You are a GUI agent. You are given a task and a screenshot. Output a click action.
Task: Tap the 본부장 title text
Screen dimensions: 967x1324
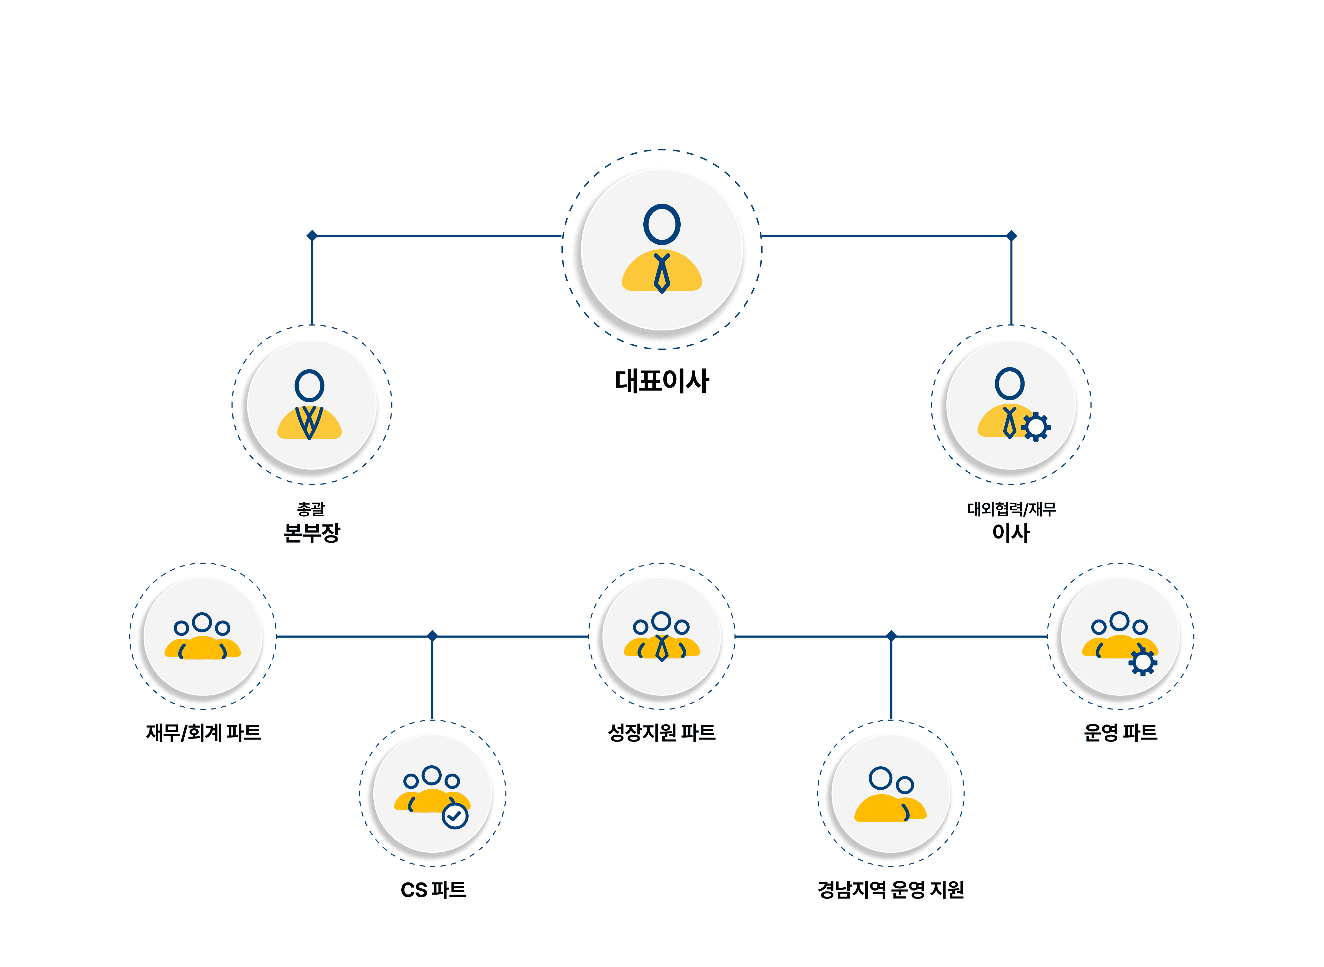[x=311, y=533]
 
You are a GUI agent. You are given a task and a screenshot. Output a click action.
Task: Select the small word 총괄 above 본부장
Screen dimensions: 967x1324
[x=311, y=509]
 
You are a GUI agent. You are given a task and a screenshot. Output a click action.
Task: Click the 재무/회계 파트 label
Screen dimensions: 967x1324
[x=203, y=732]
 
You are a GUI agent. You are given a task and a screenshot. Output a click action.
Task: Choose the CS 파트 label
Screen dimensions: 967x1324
[x=433, y=890]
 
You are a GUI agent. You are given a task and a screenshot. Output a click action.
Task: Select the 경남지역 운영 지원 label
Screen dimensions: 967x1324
[x=891, y=890]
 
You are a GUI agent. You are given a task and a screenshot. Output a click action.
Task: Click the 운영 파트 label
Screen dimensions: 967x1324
[x=1120, y=732]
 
